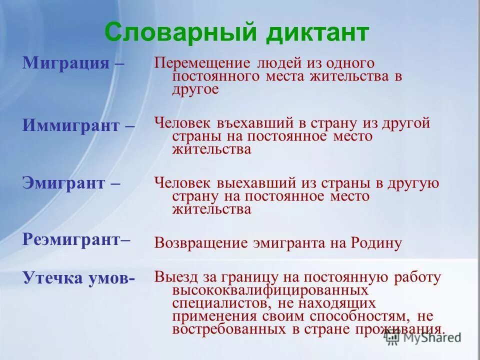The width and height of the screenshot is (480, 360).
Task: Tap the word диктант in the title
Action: (x=313, y=33)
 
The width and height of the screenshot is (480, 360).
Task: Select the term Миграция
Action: (x=65, y=63)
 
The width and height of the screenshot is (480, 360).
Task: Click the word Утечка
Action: (x=48, y=278)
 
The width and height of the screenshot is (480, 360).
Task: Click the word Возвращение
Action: (x=201, y=243)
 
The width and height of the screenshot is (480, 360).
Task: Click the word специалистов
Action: (x=223, y=303)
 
